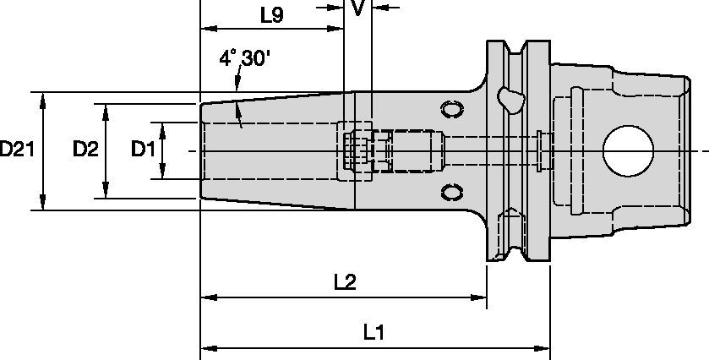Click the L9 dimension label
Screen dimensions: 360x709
coord(272,14)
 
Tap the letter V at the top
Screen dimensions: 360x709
coord(358,8)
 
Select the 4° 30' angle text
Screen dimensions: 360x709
coord(244,58)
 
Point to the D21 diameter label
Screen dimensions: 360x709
coord(17,150)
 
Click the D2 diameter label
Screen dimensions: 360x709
coord(85,150)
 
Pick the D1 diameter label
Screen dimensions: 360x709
coord(143,150)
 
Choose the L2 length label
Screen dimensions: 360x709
coord(344,282)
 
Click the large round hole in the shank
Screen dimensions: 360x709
coord(628,150)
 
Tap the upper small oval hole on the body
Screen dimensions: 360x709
coord(452,110)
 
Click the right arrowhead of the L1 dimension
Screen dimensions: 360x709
coord(544,347)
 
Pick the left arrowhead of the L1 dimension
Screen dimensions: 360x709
coord(207,347)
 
